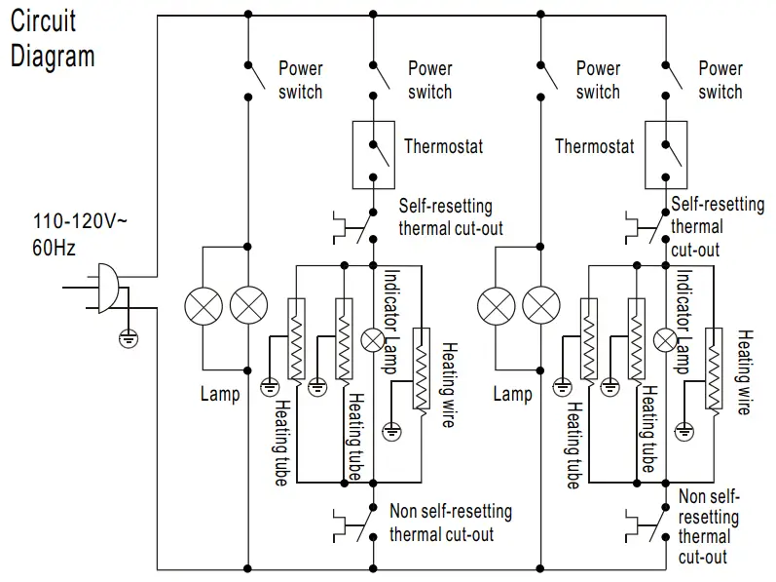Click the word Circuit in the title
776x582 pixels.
(x=43, y=20)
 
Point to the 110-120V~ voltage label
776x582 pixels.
(x=65, y=221)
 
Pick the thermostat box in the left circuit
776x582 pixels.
(x=373, y=154)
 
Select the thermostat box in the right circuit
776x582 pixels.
(x=666, y=154)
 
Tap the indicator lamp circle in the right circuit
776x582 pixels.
(x=666, y=339)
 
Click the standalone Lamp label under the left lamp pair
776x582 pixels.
(x=220, y=394)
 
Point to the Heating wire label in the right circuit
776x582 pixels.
(x=744, y=372)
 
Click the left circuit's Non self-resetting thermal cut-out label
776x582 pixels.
(x=450, y=523)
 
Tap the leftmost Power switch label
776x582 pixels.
(x=300, y=80)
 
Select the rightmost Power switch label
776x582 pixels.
(x=721, y=80)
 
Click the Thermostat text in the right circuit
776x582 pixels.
(x=594, y=147)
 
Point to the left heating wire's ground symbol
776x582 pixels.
(x=392, y=428)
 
